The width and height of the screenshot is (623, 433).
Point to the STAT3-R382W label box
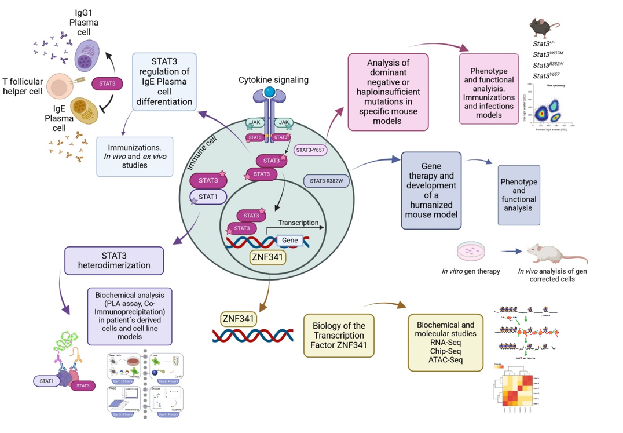326,181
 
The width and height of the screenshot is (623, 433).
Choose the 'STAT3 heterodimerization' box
114,260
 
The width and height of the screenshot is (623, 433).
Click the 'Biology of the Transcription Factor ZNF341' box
339,335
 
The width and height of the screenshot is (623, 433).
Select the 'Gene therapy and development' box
431,190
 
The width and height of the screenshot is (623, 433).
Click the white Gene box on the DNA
289,240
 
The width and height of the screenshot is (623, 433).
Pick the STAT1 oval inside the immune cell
208,197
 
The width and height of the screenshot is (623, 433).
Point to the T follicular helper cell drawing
60,88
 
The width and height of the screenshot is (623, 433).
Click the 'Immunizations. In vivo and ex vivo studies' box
135,156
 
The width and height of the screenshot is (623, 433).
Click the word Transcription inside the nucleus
298,223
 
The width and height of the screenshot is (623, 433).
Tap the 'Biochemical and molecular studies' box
444,342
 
